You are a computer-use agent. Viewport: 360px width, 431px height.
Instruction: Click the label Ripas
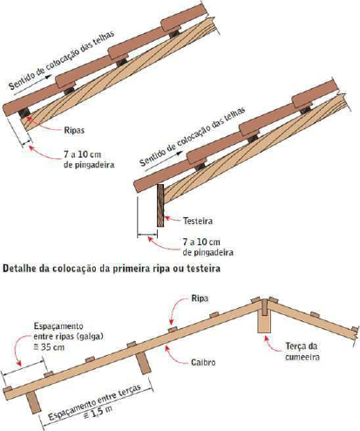[x=74, y=130]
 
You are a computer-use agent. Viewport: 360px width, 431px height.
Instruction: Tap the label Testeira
[x=198, y=221]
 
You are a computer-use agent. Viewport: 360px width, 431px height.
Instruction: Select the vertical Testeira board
[x=160, y=205]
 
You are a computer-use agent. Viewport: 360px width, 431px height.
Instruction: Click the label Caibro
[x=203, y=362]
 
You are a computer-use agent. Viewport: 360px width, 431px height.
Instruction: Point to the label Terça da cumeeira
[x=302, y=352]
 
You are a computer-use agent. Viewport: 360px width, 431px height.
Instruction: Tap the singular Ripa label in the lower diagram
[x=200, y=298]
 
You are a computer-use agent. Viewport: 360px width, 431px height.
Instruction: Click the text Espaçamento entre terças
[x=95, y=402]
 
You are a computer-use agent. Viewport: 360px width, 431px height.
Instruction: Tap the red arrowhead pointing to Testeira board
[x=167, y=218]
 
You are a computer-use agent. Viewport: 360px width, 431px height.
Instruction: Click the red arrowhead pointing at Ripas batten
[x=29, y=117]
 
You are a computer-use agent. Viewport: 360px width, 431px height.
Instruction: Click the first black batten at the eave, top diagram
[x=24, y=113]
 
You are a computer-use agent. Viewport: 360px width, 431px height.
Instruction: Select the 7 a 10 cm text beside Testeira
[x=201, y=242]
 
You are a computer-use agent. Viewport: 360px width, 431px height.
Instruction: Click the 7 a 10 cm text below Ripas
[x=82, y=154]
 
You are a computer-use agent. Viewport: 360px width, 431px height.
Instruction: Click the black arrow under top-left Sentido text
[x=32, y=85]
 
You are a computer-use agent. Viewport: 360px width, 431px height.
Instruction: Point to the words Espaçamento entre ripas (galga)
[x=69, y=331]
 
